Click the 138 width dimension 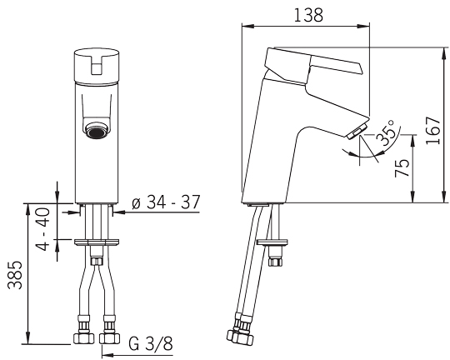308,15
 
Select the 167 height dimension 433,130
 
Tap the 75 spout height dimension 402,168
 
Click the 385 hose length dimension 15,275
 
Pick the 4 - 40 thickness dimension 42,229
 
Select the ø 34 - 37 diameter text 166,202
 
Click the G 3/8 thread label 151,343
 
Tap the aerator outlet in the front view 97,131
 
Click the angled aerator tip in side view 357,132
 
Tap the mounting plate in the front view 97,242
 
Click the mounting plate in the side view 272,242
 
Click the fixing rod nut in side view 276,262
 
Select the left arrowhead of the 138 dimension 248,27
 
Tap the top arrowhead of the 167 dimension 445,53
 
